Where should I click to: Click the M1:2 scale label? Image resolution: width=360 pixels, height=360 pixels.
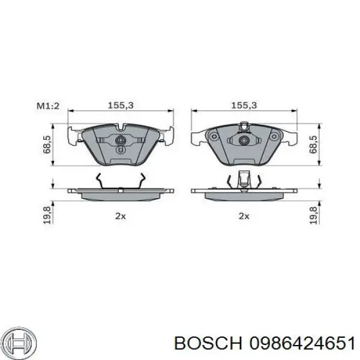point(48,106)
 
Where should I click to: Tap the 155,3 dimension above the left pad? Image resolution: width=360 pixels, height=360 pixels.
point(121,106)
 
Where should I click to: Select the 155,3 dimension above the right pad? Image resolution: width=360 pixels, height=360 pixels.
point(244,106)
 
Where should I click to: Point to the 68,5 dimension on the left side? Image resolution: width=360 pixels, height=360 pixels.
point(47,145)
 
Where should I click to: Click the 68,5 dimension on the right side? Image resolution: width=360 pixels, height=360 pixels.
point(313,145)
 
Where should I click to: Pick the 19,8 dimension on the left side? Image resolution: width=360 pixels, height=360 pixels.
point(47,215)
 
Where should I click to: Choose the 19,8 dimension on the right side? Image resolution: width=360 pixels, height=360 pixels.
point(313,215)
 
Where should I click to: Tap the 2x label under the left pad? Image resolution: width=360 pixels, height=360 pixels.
point(121,216)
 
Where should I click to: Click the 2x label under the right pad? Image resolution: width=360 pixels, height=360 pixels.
point(244,216)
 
